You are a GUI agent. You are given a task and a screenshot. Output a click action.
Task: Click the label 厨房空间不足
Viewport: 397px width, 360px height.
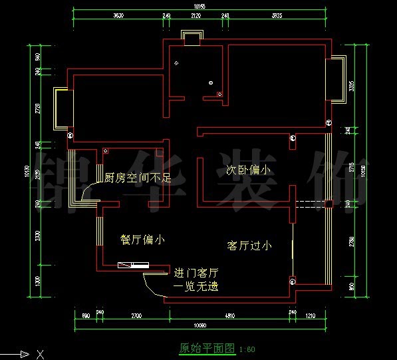click(x=138, y=178)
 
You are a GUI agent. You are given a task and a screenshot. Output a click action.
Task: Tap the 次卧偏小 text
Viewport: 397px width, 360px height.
click(x=244, y=170)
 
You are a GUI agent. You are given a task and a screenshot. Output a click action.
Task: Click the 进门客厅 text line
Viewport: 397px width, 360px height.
click(x=196, y=273)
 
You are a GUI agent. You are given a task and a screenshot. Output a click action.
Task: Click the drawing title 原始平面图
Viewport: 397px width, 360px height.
click(x=207, y=348)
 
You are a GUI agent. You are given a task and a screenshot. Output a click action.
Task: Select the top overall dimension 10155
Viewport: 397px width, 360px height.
click(x=199, y=7)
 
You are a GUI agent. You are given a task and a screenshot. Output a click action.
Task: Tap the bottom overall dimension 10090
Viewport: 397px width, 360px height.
click(x=199, y=326)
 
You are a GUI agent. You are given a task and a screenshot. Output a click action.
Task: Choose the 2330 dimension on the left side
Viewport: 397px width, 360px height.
click(x=38, y=236)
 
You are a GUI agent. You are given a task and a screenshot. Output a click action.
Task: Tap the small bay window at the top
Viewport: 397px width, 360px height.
click(x=192, y=38)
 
